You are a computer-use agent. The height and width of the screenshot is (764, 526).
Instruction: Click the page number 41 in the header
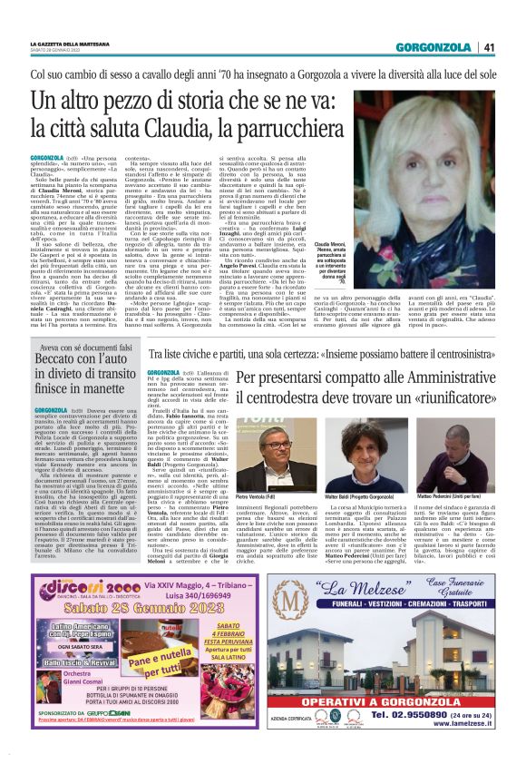tap(488, 47)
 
